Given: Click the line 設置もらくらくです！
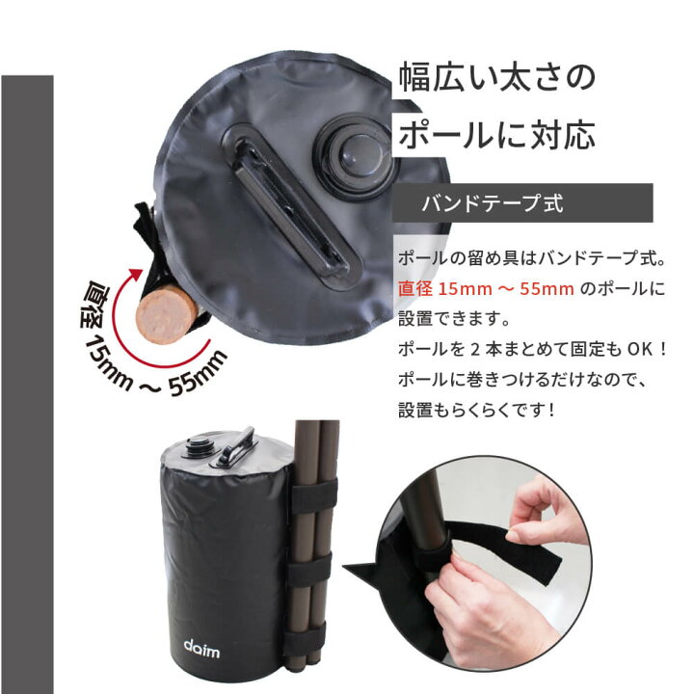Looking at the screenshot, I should [x=478, y=409].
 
